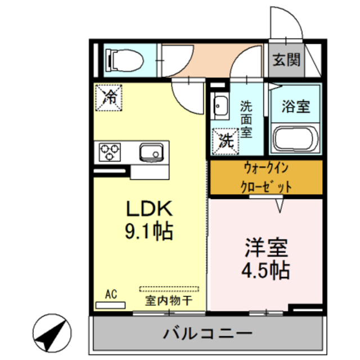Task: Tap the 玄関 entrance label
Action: click(x=286, y=60)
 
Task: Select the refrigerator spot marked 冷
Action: click(x=110, y=96)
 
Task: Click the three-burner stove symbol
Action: click(x=110, y=151)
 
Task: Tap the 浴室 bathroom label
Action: click(x=296, y=107)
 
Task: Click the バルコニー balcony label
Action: click(x=208, y=334)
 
